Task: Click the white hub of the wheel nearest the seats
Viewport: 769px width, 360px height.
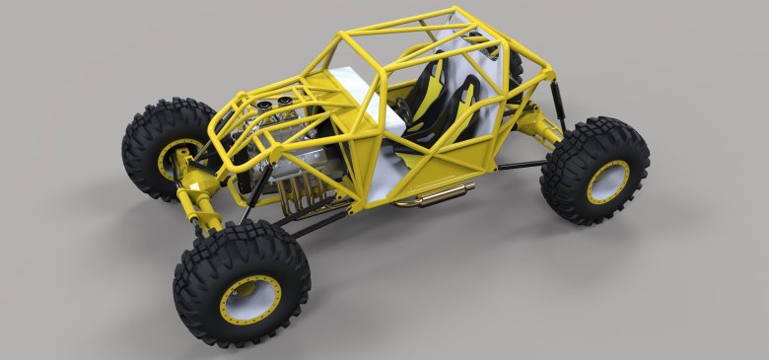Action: pos(609,180)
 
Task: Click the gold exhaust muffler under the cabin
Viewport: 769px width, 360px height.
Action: pos(434,193)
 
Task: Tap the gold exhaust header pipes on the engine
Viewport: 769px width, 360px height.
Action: pos(296,196)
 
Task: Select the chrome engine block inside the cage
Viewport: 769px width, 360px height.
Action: pos(296,148)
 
